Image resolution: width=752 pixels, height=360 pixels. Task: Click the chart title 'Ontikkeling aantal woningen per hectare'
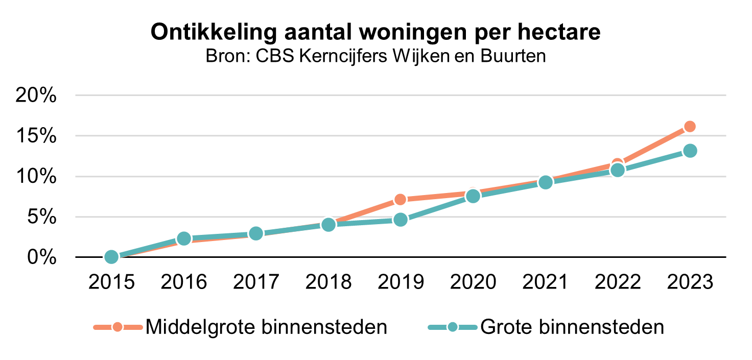(x=375, y=32)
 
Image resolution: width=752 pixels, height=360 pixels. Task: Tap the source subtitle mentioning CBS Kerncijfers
(x=375, y=56)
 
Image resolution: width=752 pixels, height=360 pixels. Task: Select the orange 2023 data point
(x=690, y=127)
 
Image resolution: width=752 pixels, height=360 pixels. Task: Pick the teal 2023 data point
(x=690, y=151)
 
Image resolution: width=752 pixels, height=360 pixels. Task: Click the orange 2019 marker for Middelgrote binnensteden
(x=401, y=199)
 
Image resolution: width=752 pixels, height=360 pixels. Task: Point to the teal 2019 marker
(x=401, y=220)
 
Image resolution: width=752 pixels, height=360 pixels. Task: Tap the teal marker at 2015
(x=111, y=257)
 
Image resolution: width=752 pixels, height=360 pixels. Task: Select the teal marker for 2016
(x=184, y=238)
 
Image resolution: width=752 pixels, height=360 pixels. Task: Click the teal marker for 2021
(x=545, y=182)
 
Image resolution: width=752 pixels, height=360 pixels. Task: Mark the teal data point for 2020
(x=473, y=196)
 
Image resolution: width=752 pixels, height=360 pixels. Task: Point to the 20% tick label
(x=36, y=95)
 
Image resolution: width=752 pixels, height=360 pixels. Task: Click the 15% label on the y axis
(x=36, y=136)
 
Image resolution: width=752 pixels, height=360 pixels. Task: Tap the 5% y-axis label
(x=41, y=217)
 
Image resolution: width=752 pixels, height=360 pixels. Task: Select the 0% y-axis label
(x=41, y=257)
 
